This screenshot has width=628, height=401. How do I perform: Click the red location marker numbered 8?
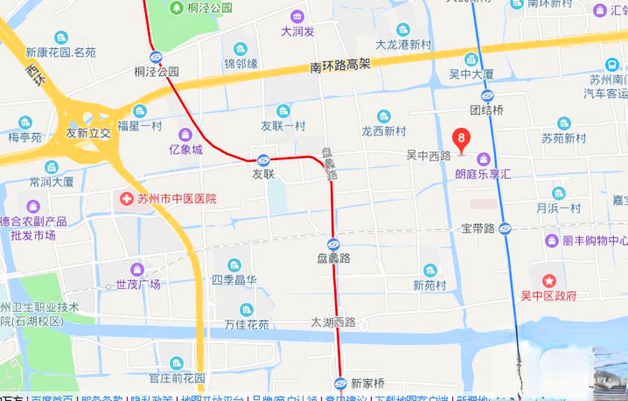click(461, 137)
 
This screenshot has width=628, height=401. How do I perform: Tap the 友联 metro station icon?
click(263, 160)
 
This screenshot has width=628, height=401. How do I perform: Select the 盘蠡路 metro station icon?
click(333, 245)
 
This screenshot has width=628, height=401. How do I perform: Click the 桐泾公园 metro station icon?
click(156, 57)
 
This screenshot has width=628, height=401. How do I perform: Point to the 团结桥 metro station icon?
click(487, 96)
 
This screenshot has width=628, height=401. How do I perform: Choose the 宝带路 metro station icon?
click(505, 228)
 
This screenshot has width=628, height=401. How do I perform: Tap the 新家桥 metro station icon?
click(340, 383)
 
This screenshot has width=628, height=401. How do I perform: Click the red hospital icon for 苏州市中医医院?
click(127, 199)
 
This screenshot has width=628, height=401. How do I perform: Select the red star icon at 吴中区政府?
click(549, 281)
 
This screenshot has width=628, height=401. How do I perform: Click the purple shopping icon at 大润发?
click(298, 17)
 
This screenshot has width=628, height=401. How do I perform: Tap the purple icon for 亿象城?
click(185, 134)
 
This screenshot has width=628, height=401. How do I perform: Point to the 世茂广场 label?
click(138, 284)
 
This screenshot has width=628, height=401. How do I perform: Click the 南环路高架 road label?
click(340, 66)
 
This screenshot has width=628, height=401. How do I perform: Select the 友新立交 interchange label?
click(88, 132)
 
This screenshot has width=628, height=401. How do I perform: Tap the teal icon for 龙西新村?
click(383, 116)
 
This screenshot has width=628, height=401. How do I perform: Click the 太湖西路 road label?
click(334, 323)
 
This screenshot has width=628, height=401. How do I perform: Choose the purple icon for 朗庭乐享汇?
click(483, 159)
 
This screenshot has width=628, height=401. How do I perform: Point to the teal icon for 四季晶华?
click(234, 265)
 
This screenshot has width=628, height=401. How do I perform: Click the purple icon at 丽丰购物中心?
click(551, 240)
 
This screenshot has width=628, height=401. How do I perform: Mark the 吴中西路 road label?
click(428, 156)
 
